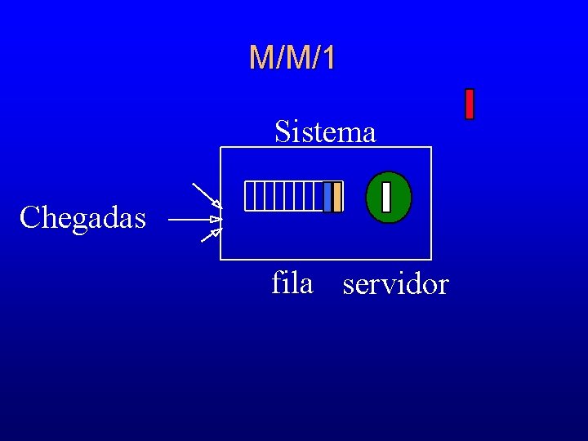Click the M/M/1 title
click(x=292, y=58)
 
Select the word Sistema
click(x=325, y=131)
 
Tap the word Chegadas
click(x=82, y=218)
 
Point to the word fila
click(x=292, y=283)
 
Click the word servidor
click(x=395, y=285)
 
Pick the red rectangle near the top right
click(x=470, y=104)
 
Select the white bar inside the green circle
click(x=386, y=197)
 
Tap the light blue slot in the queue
click(x=327, y=197)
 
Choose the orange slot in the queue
click(x=337, y=197)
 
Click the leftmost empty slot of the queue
click(x=249, y=197)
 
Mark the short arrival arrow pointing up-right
click(x=211, y=236)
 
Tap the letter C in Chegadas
click(x=29, y=218)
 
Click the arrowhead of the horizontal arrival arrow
click(x=216, y=220)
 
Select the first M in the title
click(x=261, y=58)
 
